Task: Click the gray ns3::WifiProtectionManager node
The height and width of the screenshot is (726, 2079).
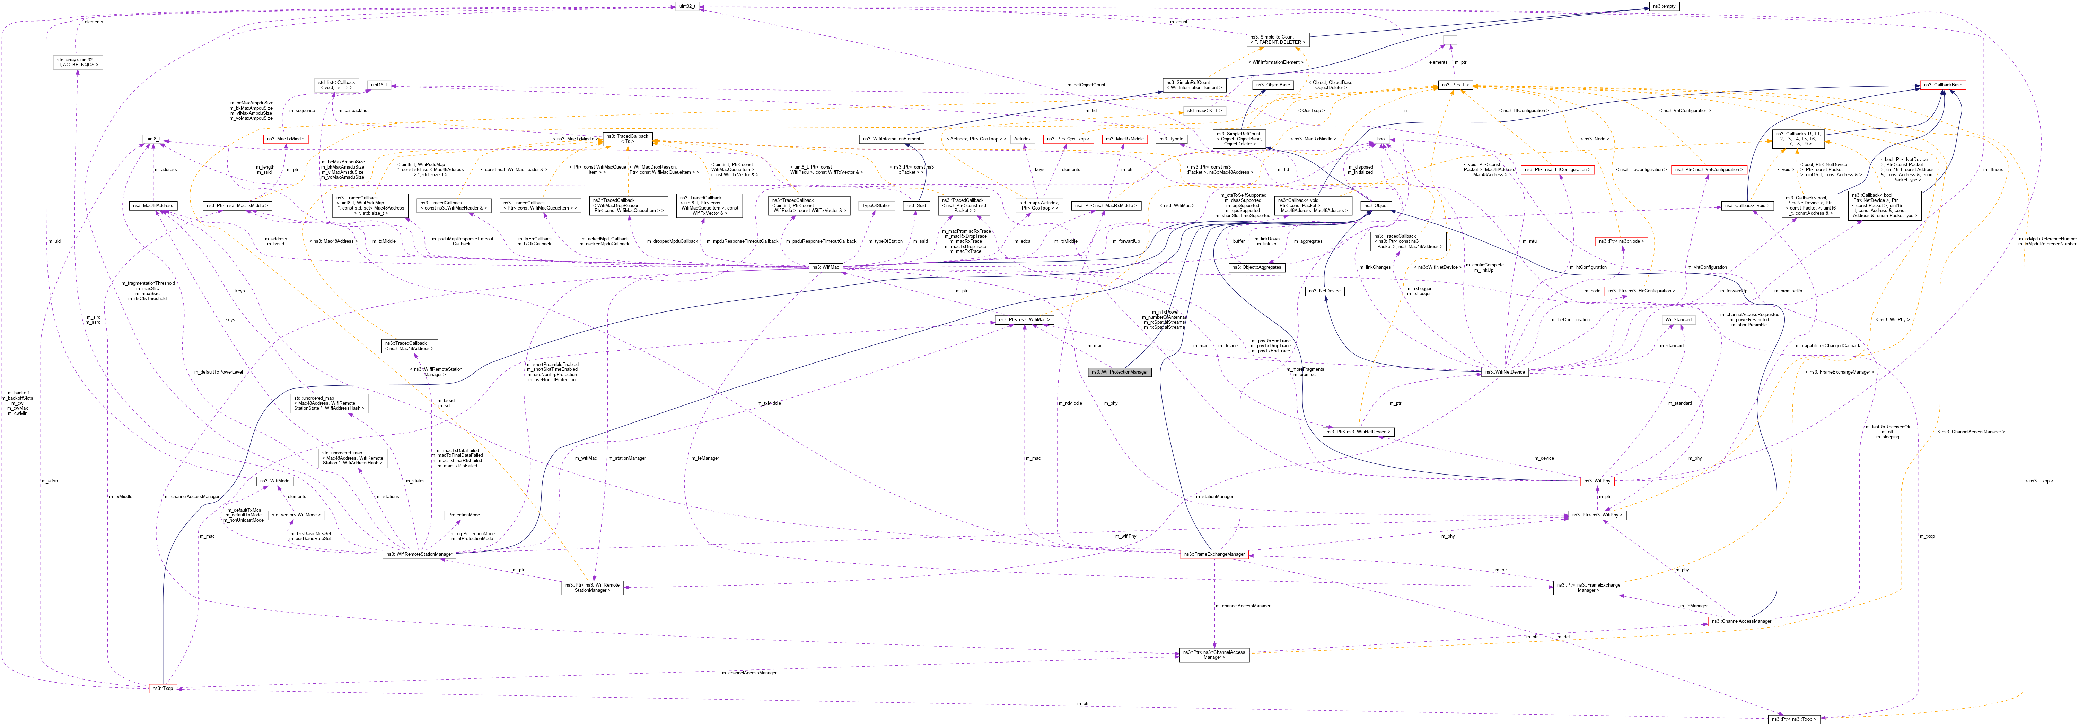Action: (x=1120, y=372)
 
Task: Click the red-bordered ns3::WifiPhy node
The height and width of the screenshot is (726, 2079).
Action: (x=1596, y=481)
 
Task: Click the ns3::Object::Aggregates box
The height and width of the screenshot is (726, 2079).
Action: (x=1257, y=267)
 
